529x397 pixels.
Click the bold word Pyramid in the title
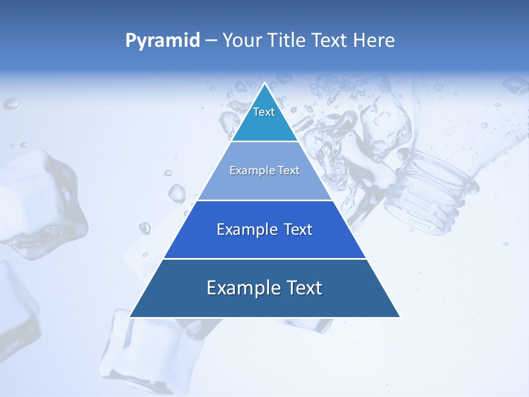pos(163,40)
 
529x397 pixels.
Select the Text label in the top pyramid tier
pos(264,112)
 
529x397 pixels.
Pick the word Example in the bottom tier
pos(242,288)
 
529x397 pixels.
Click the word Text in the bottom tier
pos(303,288)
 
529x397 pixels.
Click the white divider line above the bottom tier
pos(265,259)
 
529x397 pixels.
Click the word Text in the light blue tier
pos(289,170)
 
